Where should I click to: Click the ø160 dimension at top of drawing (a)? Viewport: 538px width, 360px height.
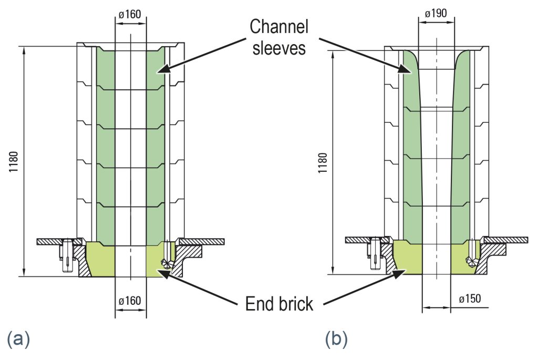(x=130, y=15)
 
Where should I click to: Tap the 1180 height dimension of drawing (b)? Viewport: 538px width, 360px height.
(x=323, y=162)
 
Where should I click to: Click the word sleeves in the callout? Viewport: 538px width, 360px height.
(x=278, y=48)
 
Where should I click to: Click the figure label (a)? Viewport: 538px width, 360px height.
(x=18, y=339)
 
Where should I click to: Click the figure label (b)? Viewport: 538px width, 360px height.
(x=336, y=339)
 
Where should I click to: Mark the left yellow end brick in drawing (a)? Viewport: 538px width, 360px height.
(x=100, y=261)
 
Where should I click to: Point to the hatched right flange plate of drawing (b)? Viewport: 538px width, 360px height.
(x=506, y=240)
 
